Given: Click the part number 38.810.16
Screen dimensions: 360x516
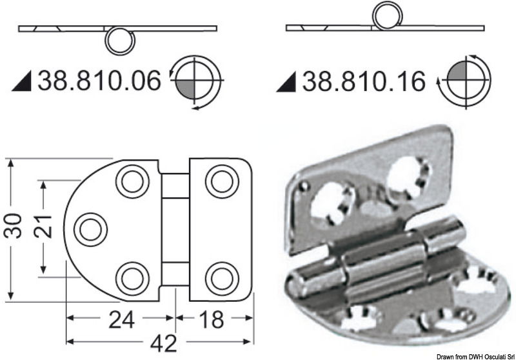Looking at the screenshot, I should [x=364, y=82].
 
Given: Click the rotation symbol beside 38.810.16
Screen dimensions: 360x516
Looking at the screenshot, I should [x=463, y=81].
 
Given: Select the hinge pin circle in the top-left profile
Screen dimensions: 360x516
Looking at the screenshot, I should [x=121, y=41].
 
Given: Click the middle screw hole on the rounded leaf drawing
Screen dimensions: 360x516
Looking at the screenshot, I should [x=90, y=229].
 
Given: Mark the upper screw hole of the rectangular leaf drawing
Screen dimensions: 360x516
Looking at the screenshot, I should [x=221, y=181].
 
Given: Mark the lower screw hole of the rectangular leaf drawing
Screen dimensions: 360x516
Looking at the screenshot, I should [x=221, y=277].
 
